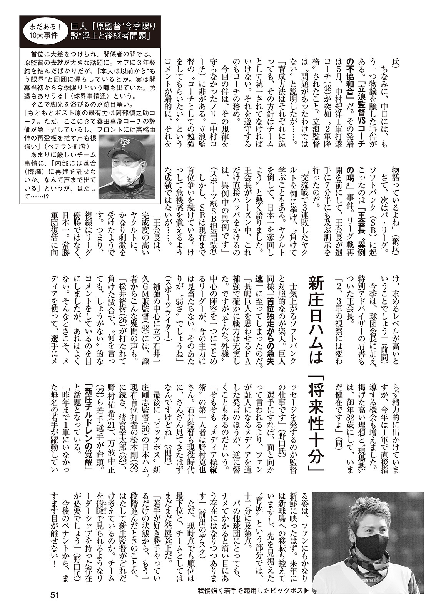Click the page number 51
pos(54,595)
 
